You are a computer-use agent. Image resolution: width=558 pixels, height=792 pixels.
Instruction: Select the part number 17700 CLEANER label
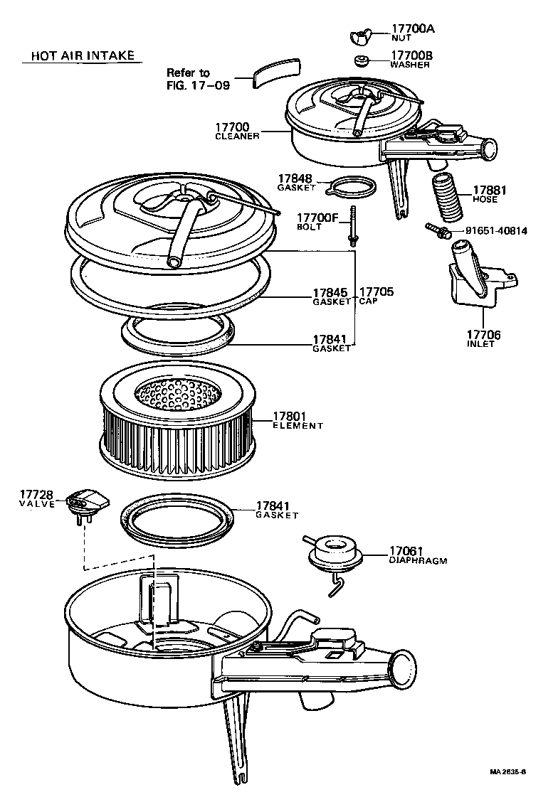click(237, 131)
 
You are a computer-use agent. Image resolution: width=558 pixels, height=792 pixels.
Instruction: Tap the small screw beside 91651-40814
click(435, 229)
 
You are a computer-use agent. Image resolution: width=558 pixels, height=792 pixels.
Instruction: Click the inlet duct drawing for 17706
click(473, 277)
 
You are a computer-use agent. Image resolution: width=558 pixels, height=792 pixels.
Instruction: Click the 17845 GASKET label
click(332, 296)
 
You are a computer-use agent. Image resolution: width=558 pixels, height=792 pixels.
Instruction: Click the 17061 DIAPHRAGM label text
click(417, 555)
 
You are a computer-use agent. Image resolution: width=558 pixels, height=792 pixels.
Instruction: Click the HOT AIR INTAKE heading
click(82, 56)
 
